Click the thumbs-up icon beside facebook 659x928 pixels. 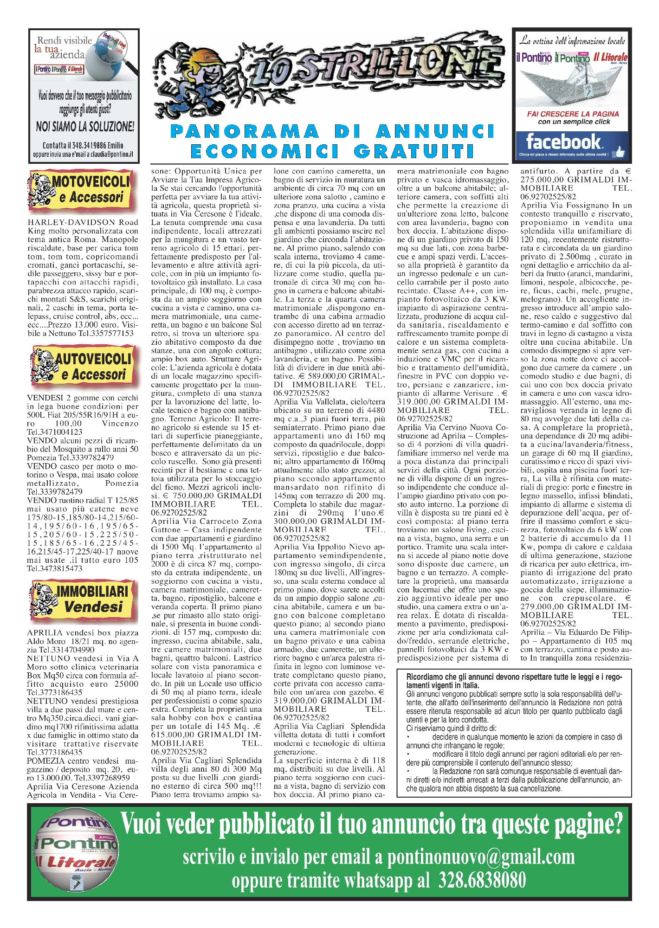(619, 151)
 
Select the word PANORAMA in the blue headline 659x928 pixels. (245, 131)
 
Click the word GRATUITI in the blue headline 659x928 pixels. (414, 151)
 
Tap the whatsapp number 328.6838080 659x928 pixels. (482, 880)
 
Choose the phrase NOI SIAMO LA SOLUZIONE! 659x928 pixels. (85, 126)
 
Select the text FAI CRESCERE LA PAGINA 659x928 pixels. (573, 114)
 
